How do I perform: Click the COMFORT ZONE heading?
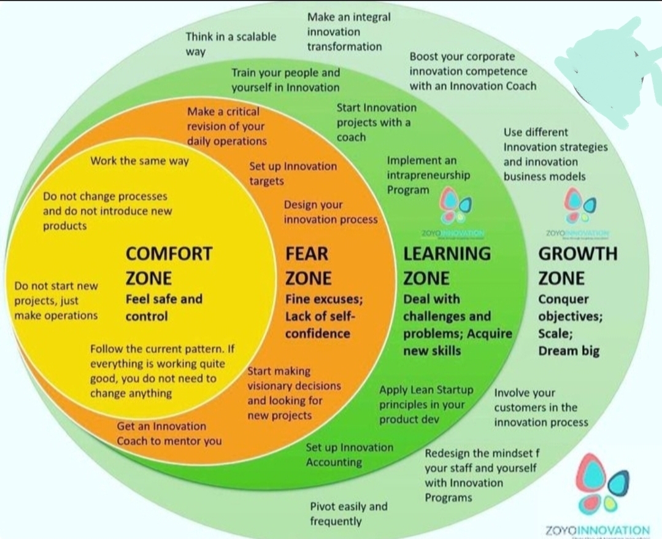coord(169,265)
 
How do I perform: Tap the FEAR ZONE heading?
coord(308,265)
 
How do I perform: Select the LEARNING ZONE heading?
coord(447,265)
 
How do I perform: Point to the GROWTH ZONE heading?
coord(577,265)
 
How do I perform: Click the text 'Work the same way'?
coord(140,161)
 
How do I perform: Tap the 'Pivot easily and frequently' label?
coord(348,514)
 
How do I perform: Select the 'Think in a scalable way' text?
coord(231,44)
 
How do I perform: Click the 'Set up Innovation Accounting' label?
coord(350,455)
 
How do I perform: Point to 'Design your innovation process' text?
coord(330,212)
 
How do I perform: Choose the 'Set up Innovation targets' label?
coord(293,174)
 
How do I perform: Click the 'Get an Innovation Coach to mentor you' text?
coord(169,433)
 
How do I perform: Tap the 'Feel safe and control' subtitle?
coord(163,308)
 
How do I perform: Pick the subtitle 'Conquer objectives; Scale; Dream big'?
coord(570,325)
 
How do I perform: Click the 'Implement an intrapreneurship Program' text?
coord(428,175)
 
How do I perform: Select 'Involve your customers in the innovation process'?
coord(541,407)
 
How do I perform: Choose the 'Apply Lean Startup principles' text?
coord(426,405)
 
